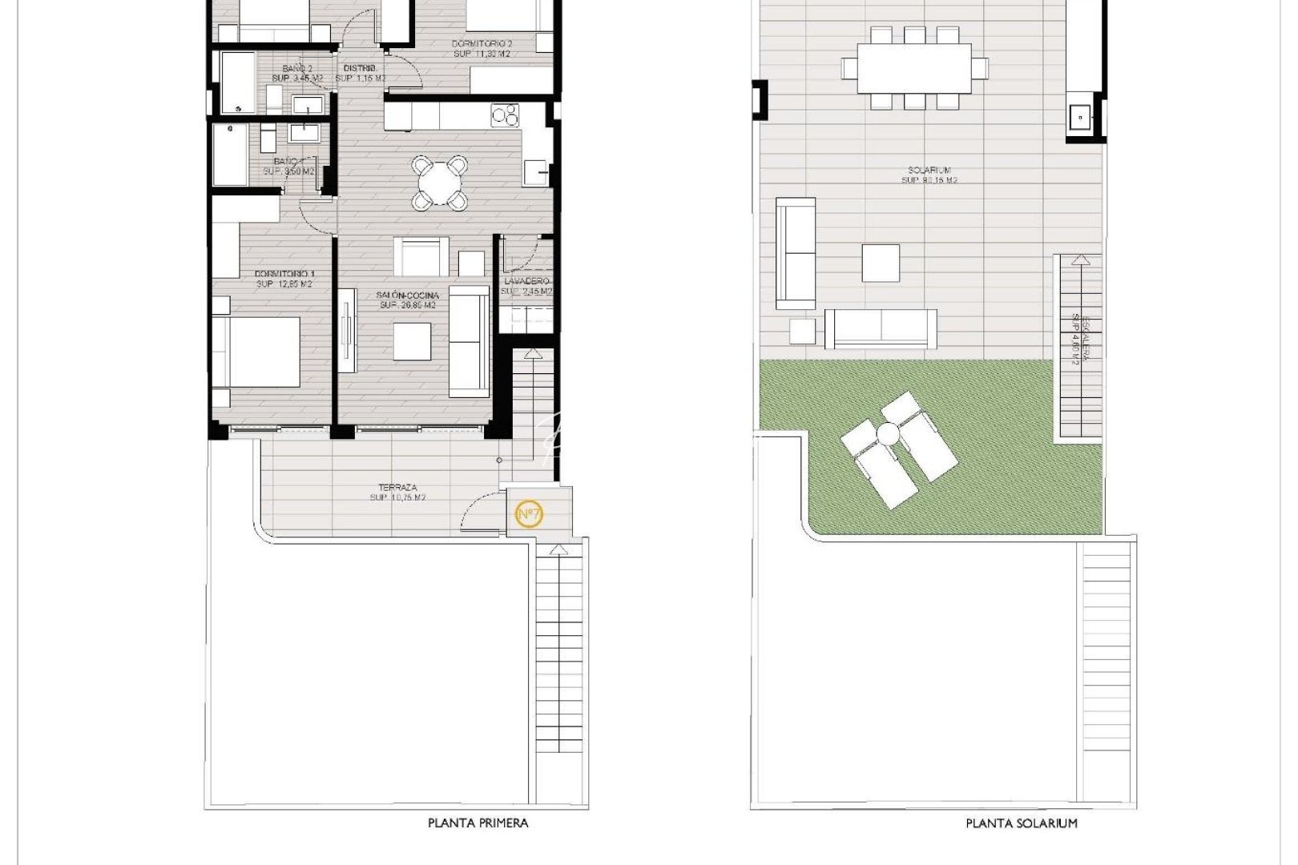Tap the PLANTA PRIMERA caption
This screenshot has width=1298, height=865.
pyautogui.click(x=478, y=823)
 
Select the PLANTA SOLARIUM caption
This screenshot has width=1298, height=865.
pyautogui.click(x=1022, y=823)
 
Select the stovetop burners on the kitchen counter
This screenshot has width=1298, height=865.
pyautogui.click(x=504, y=116)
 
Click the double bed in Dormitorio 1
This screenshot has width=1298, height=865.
pyautogui.click(x=256, y=352)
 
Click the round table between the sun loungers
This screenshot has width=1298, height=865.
pyautogui.click(x=889, y=436)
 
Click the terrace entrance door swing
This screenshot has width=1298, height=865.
pyautogui.click(x=481, y=513)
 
